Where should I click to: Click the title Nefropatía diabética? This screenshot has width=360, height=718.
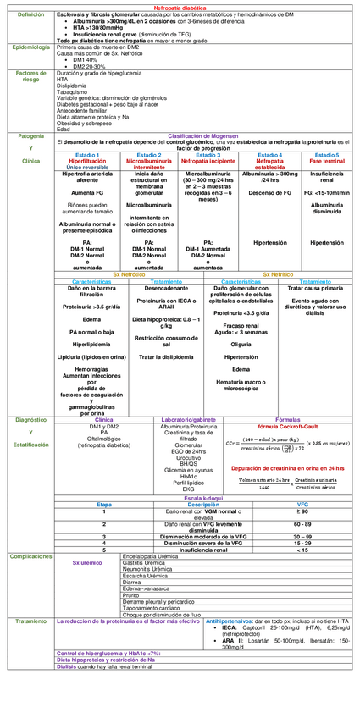tap(179, 4)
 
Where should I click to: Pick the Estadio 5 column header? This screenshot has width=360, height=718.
tap(327, 156)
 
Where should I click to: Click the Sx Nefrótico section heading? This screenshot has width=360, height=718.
tap(128, 275)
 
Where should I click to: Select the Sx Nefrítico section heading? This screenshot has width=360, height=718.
tap(277, 275)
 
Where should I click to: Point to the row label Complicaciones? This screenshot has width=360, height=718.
tap(31, 556)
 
